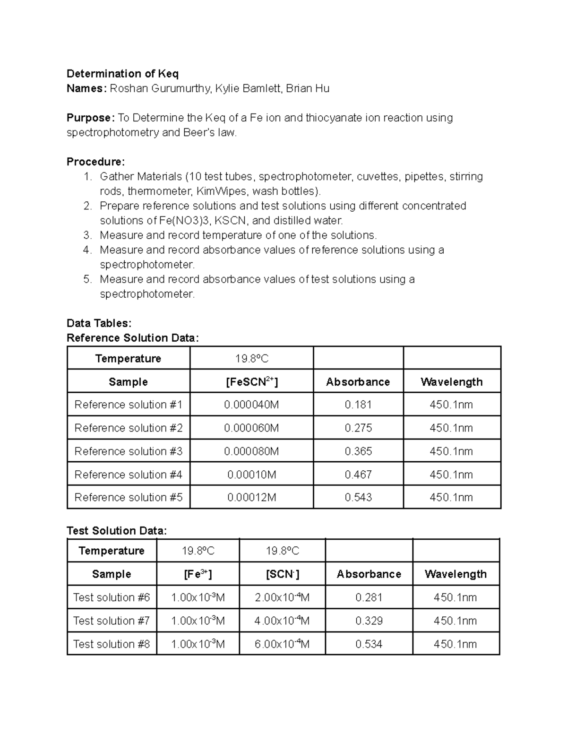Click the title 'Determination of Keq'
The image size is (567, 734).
click(122, 74)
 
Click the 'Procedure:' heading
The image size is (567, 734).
click(96, 162)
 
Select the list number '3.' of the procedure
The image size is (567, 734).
click(87, 235)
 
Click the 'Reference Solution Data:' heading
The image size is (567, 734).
click(133, 338)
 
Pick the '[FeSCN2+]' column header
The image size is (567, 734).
click(251, 381)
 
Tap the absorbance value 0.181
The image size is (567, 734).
click(358, 405)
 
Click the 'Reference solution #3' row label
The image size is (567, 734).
click(128, 451)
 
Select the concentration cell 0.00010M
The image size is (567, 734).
click(251, 474)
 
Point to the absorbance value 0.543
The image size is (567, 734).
click(358, 497)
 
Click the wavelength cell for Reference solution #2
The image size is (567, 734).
click(451, 428)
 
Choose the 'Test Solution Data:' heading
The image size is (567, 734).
click(117, 531)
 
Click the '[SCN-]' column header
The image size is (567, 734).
click(282, 574)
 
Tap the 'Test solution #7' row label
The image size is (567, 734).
click(112, 621)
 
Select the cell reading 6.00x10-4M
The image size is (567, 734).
click(282, 644)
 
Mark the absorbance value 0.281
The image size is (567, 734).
click(369, 597)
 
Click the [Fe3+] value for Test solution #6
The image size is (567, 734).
click(198, 597)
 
